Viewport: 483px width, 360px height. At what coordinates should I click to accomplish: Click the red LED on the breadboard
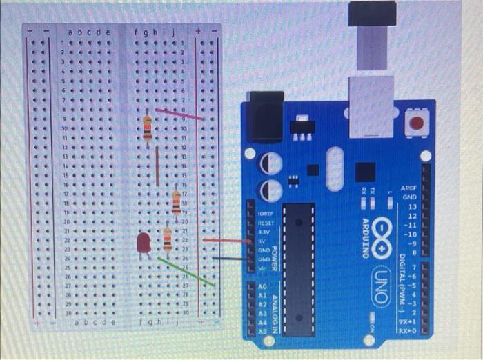(144, 243)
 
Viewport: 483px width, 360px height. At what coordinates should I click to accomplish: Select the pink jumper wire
(179, 114)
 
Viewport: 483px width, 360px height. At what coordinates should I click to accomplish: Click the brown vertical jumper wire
(157, 166)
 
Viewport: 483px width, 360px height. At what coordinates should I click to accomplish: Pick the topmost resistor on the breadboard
(147, 128)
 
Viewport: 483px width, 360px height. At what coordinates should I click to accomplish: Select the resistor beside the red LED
(168, 239)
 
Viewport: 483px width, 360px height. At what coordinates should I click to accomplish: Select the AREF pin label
(410, 188)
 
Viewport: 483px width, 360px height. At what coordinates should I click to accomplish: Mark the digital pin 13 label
(412, 206)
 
